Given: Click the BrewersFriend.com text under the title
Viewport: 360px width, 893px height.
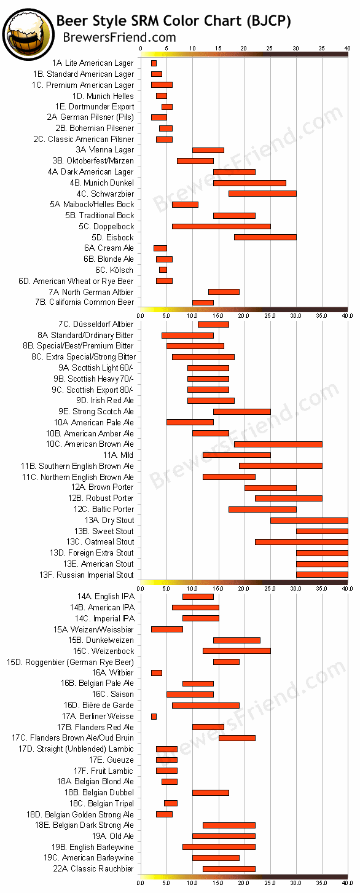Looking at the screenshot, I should [120, 37].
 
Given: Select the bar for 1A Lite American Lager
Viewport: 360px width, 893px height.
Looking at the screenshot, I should [154, 63].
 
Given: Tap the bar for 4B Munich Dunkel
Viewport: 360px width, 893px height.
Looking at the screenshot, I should [249, 183].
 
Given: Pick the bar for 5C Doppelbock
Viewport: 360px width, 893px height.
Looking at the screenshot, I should [221, 226].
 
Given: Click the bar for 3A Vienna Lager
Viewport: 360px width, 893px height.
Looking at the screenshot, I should [208, 150].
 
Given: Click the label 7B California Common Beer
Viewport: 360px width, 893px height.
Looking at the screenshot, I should [91, 302].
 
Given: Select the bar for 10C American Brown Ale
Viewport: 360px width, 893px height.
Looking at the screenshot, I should [278, 444].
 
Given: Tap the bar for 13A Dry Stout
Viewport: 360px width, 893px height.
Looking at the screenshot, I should [308, 520].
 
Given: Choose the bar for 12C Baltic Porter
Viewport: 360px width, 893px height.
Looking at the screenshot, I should [262, 509].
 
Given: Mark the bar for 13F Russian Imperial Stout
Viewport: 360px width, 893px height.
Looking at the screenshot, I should [321, 575].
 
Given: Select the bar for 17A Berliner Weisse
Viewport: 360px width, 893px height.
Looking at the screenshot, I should [154, 716].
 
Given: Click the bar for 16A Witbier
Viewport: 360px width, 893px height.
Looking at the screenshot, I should [156, 673].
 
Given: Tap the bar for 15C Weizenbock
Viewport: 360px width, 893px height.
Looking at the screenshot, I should [237, 651].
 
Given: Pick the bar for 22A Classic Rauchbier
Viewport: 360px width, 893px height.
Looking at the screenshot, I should [229, 868].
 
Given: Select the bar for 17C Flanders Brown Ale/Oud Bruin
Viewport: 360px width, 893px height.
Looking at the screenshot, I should [237, 738].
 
